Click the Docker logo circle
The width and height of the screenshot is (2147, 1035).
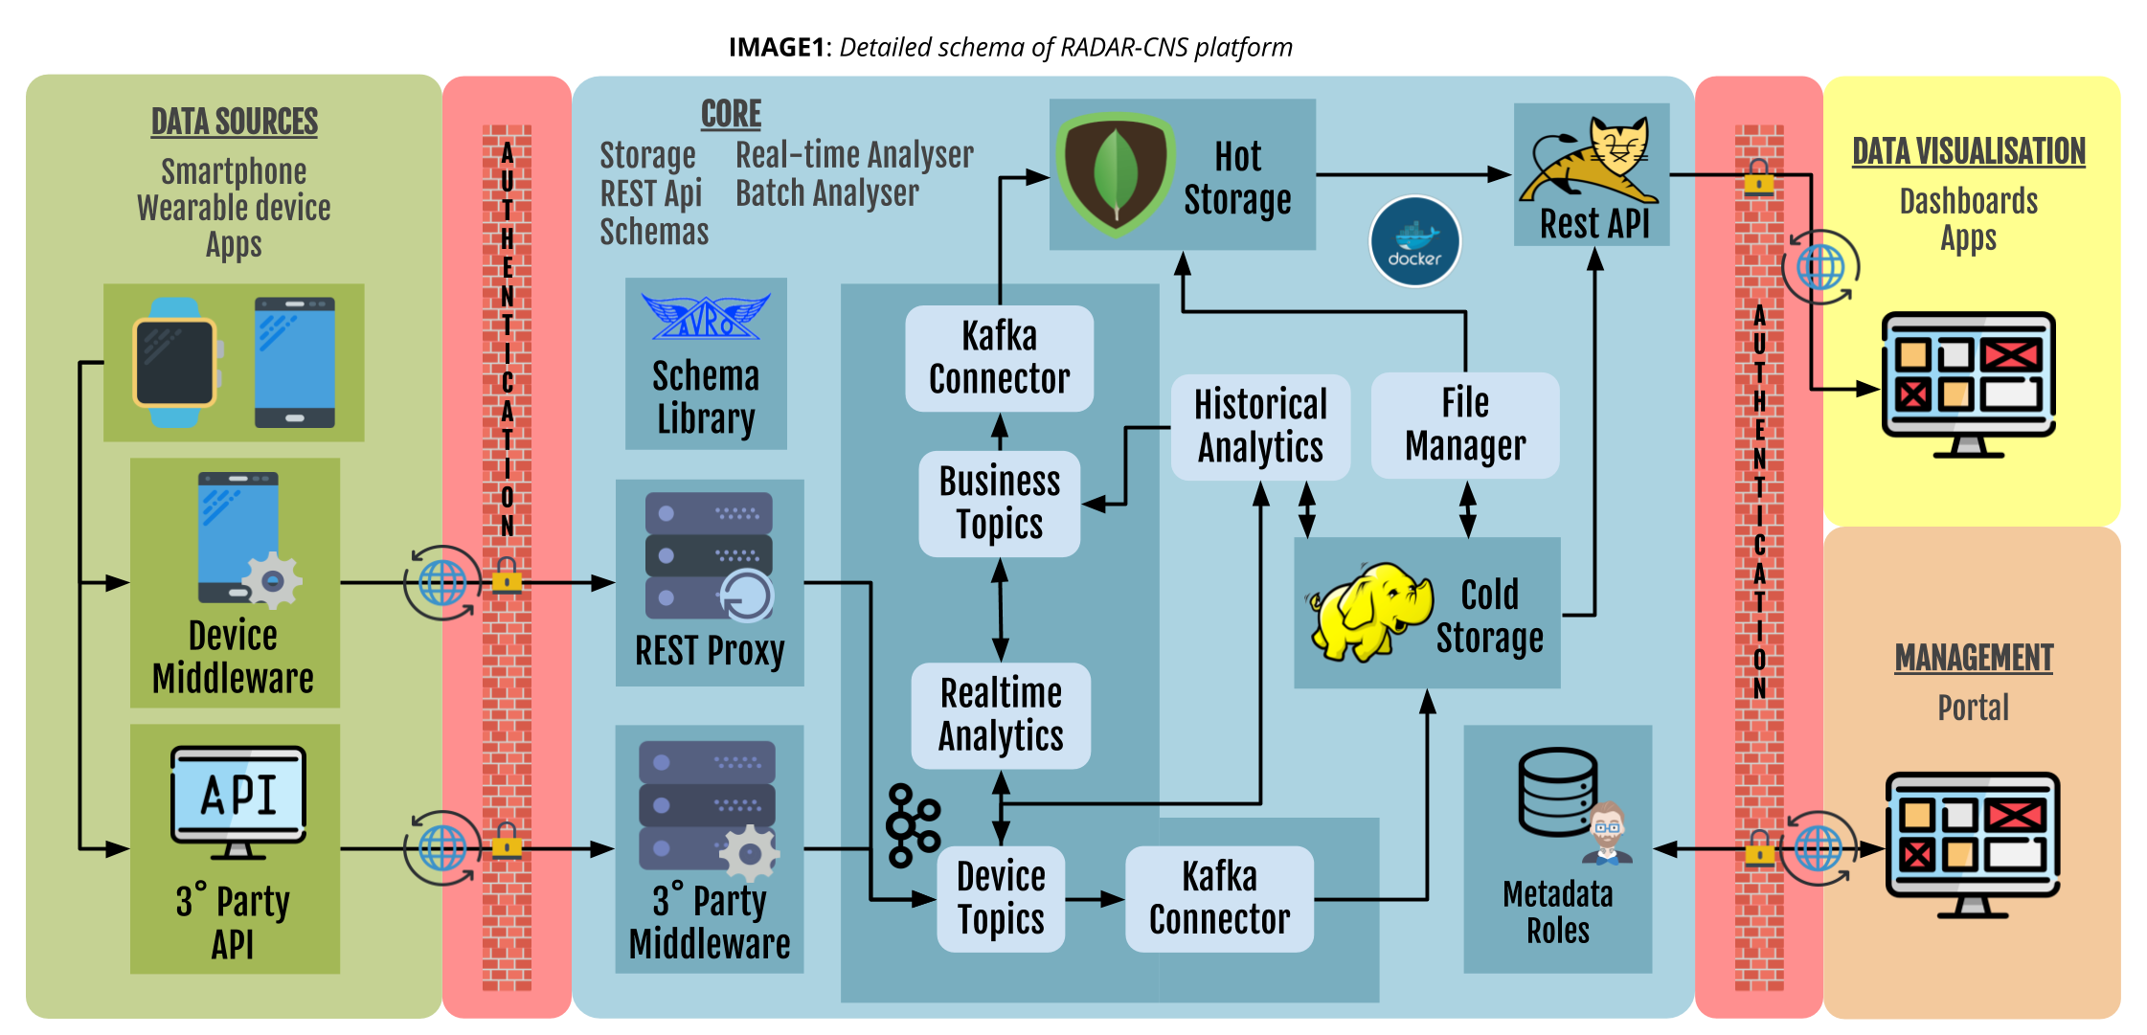[x=1414, y=241]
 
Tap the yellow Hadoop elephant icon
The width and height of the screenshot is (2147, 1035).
[x=1370, y=613]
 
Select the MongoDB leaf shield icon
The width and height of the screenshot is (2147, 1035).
[x=1116, y=174]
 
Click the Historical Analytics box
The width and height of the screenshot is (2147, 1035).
[x=1260, y=426]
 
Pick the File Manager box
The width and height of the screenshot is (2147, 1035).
[x=1465, y=425]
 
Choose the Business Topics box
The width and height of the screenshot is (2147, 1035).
[x=1000, y=503]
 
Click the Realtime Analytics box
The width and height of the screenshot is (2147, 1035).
[x=1001, y=715]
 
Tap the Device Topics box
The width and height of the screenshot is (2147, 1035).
[x=1001, y=898]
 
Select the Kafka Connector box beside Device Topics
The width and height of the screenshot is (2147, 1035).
[x=1219, y=898]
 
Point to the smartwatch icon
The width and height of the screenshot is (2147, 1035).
[x=175, y=363]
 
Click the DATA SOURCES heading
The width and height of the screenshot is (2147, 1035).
[x=235, y=122]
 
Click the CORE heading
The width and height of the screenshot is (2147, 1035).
[x=731, y=114]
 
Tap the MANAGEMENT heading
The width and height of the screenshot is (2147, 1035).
[x=1974, y=658]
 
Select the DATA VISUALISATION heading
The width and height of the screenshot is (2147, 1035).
[x=1969, y=151]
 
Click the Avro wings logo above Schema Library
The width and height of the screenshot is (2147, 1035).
[x=706, y=317]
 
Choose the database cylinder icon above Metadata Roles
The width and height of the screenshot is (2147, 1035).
[x=1558, y=792]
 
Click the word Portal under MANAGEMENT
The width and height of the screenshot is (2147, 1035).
[x=1974, y=708]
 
